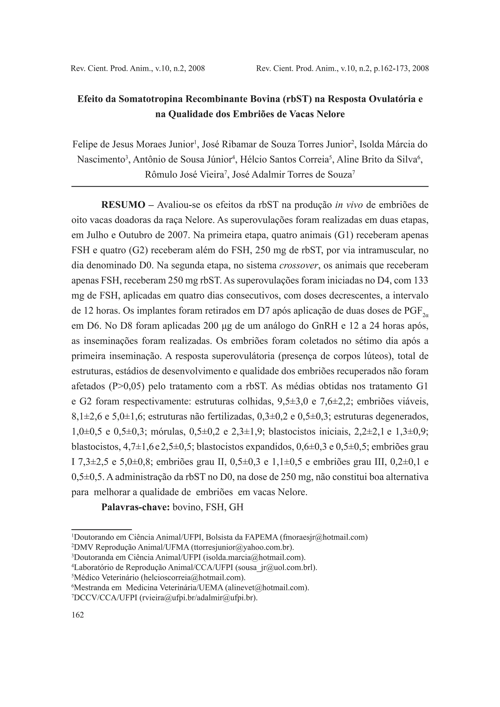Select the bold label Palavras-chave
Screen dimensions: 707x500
click(136, 507)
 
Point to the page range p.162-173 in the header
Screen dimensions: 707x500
click(388, 68)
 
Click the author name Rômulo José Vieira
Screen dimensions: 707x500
click(184, 175)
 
